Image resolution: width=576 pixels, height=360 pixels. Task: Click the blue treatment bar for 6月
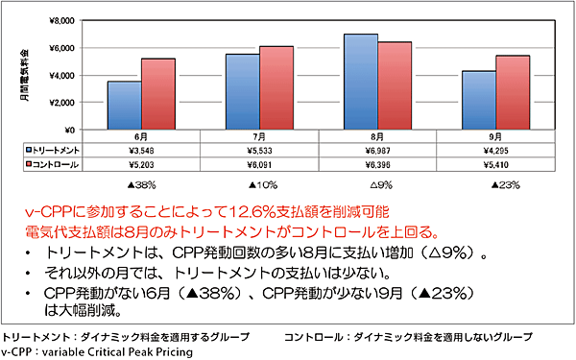click(124, 105)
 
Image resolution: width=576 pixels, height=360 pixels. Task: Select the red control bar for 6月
click(158, 94)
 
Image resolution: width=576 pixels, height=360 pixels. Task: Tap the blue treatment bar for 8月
click(359, 82)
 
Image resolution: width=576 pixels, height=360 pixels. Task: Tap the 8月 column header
click(376, 138)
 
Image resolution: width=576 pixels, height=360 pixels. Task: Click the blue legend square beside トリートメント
click(30, 152)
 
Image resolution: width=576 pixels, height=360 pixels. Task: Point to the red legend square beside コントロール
click(30, 165)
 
